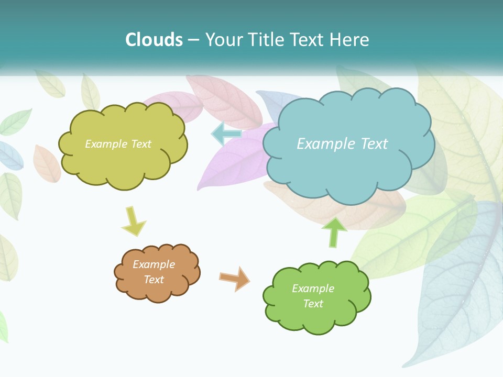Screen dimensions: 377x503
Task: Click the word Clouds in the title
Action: point(154,40)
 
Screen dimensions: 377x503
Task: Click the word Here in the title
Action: point(349,40)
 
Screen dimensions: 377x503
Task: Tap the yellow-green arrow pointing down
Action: point(134,221)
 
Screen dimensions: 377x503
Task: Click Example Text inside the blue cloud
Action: point(342,143)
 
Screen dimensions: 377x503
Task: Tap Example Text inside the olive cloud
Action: point(118,144)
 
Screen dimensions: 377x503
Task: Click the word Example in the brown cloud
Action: point(154,264)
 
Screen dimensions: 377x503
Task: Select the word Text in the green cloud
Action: point(313,304)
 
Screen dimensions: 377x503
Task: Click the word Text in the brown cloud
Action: point(154,280)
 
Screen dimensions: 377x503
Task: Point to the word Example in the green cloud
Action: point(313,289)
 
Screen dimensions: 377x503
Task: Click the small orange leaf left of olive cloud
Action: point(46,164)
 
